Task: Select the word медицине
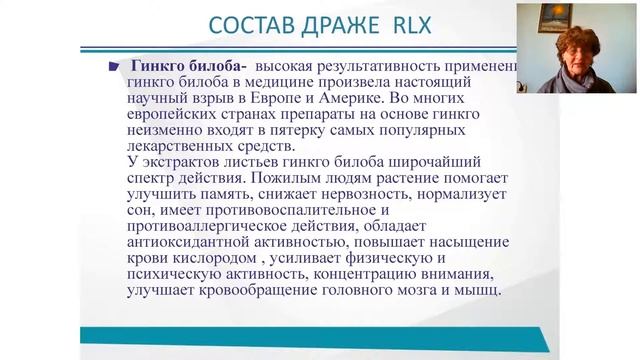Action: click(x=296, y=82)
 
